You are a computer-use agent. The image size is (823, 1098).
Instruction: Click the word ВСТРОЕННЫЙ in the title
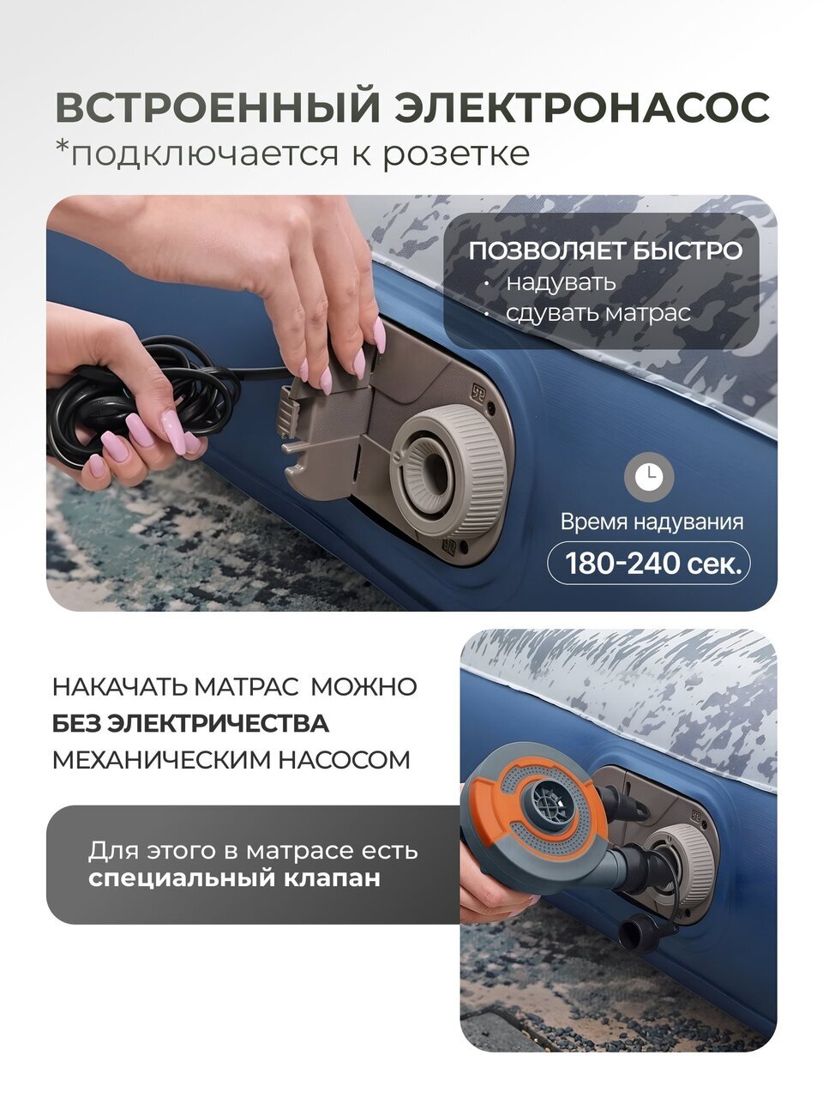(218, 106)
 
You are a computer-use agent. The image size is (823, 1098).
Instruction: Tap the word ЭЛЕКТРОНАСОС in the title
(582, 106)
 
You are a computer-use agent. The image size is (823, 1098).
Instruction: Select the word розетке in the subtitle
(456, 154)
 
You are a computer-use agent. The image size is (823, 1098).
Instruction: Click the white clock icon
(650, 476)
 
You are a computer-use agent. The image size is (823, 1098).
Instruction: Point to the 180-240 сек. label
(650, 564)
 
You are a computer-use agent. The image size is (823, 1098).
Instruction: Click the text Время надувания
(651, 522)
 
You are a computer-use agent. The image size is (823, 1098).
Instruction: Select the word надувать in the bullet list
(561, 282)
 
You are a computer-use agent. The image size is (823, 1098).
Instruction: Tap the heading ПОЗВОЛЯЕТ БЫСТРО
(605, 250)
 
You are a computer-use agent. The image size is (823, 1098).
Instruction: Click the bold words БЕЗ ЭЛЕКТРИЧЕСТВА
(190, 723)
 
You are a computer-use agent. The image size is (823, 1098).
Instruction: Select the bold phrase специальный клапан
(234, 878)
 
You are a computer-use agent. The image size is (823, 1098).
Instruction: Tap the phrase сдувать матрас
(598, 313)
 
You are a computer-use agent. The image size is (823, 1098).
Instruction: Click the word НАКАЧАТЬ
(120, 686)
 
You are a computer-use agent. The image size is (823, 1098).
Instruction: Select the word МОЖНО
(363, 686)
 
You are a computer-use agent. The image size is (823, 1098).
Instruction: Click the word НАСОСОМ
(345, 760)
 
